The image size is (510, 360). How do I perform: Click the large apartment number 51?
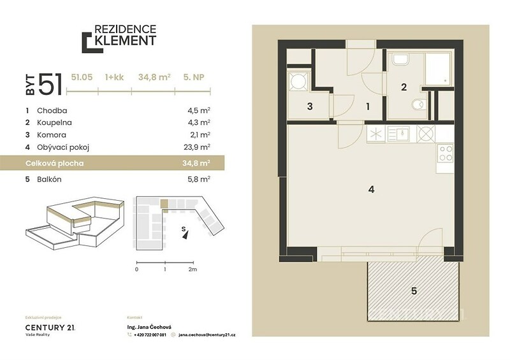pos(50,84)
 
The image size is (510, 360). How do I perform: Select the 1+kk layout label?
pos(115,77)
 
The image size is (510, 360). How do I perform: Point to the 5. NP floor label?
pos(194,77)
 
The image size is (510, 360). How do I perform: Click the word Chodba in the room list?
pos(52,111)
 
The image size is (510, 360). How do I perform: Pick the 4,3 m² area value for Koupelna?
pos(199,122)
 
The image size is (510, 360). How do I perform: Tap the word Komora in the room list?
pos(52,135)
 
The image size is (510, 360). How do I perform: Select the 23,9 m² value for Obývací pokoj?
pos(197,147)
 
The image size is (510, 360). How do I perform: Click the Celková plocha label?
pos(55,163)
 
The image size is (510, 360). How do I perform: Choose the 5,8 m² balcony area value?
pos(199,179)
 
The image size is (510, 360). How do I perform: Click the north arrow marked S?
pos(185,233)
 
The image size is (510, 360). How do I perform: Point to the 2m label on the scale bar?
pos(193,270)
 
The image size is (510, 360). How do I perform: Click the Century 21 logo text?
pos(50,328)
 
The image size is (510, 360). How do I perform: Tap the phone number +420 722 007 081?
pos(150,335)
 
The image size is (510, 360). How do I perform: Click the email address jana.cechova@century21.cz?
pos(207,335)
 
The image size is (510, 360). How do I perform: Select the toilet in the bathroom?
pos(418,104)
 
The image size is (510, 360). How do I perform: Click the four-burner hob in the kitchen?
pos(446,154)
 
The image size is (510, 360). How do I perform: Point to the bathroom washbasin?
pos(401,59)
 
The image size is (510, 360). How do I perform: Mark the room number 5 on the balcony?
pos(414,291)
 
